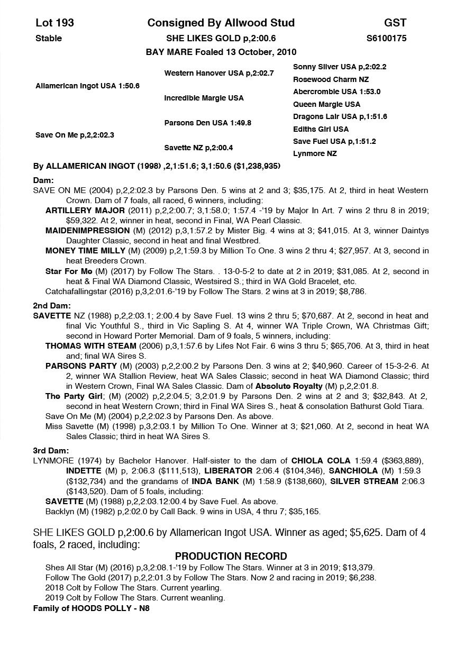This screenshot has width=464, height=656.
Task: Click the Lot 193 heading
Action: [54, 23]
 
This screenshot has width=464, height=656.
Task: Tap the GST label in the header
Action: [395, 23]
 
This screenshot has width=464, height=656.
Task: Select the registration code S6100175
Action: [386, 38]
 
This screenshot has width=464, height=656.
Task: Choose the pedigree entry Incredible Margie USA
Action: [204, 98]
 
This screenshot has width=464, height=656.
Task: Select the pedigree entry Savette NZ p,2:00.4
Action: [198, 148]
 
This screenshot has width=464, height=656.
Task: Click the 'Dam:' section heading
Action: [43, 180]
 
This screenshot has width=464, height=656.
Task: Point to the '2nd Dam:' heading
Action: [52, 306]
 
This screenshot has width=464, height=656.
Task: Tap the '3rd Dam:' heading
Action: [51, 451]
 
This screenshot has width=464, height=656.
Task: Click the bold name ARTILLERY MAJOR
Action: [77, 211]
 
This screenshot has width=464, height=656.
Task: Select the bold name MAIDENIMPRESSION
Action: [87, 231]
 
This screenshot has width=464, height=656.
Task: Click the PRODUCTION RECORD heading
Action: [231, 556]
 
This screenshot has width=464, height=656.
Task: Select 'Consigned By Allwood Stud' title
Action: [221, 23]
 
